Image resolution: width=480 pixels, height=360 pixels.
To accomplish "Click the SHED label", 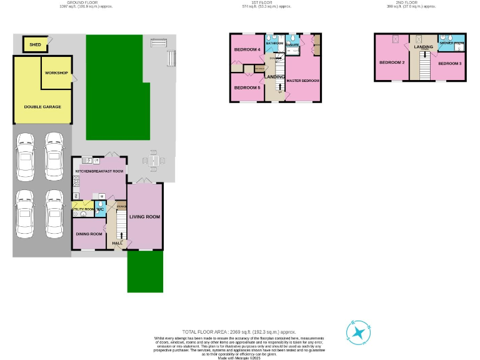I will pyautogui.click(x=35, y=44).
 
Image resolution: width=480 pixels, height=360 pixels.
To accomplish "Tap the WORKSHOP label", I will pyautogui.click(x=56, y=73).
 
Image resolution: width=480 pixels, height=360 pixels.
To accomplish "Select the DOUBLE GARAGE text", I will pyautogui.click(x=42, y=107).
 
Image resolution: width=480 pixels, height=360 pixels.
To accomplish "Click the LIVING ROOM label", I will pyautogui.click(x=145, y=217).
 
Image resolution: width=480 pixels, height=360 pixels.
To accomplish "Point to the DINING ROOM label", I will pyautogui.click(x=89, y=234).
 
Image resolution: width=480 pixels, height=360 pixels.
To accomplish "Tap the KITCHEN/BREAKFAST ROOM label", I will pyautogui.click(x=99, y=171).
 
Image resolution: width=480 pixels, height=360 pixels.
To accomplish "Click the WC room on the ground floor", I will pyautogui.click(x=99, y=209).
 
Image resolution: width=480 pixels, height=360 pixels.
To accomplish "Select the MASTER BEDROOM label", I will pyautogui.click(x=303, y=81).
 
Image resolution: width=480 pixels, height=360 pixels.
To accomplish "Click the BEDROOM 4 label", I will pyautogui.click(x=247, y=49).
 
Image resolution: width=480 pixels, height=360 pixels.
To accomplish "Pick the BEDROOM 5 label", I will pyautogui.click(x=247, y=87).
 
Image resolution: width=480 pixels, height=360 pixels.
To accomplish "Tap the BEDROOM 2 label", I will pyautogui.click(x=392, y=62).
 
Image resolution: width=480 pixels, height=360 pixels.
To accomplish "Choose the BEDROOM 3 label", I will pyautogui.click(x=449, y=64).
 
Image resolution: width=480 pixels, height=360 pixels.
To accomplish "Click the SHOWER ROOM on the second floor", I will pyautogui.click(x=451, y=43).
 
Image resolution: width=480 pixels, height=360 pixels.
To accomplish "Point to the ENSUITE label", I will pyautogui.click(x=292, y=46).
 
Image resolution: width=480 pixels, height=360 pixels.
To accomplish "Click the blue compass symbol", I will pyautogui.click(x=359, y=332).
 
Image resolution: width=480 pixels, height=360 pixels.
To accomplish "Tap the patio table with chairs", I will pyautogui.click(x=153, y=162).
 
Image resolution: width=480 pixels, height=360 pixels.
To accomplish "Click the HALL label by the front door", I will pyautogui.click(x=117, y=243).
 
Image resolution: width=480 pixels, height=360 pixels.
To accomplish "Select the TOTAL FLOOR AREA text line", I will pyautogui.click(x=239, y=331).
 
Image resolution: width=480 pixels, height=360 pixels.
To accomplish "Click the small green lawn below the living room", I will pyautogui.click(x=145, y=271).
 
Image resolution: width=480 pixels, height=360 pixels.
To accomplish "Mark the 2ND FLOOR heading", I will pyautogui.click(x=419, y=3).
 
